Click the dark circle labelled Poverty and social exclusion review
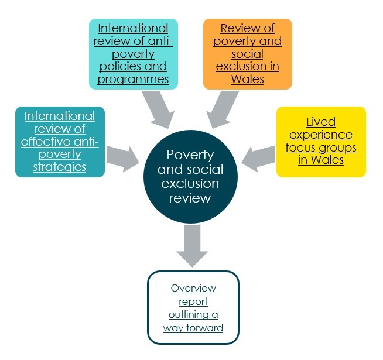[190, 176]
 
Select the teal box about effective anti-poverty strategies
[60, 142]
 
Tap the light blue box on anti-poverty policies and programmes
[133, 54]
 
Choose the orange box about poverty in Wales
[247, 54]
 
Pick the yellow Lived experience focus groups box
[321, 141]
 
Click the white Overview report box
[193, 307]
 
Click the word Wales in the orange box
[247, 80]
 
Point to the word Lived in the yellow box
[321, 122]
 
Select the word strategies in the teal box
[60, 167]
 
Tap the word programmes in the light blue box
[133, 80]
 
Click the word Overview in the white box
[193, 289]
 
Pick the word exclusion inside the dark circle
[190, 184]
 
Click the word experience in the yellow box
[321, 135]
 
